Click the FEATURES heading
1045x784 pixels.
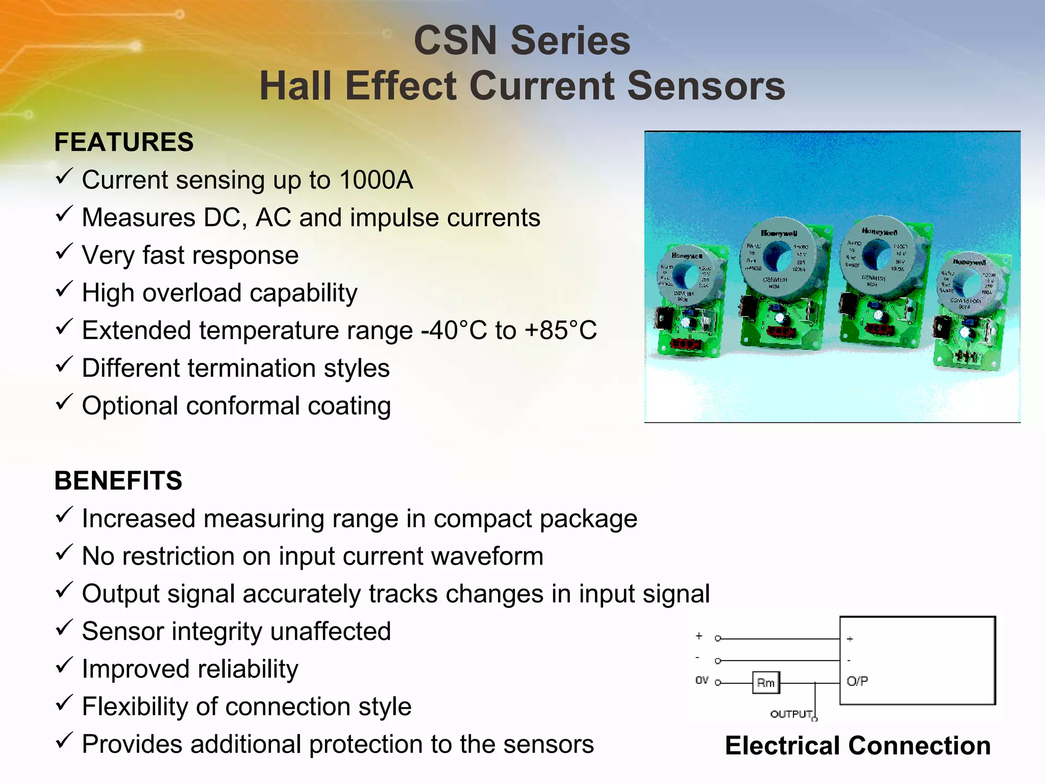tap(124, 142)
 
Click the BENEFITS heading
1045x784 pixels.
tap(118, 481)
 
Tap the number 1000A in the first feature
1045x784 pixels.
tap(376, 180)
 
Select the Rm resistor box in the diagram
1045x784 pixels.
tap(766, 683)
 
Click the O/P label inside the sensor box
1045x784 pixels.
tap(857, 681)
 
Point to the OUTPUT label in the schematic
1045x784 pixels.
tap(791, 714)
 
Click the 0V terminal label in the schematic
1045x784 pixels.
tap(702, 680)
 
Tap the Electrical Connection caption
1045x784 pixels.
tap(858, 746)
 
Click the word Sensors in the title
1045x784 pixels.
tap(706, 86)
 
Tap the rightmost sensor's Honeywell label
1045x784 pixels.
tap(969, 262)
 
